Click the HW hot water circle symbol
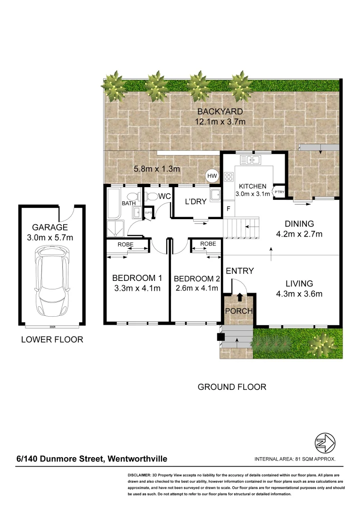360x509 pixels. click(213, 176)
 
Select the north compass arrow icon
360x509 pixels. click(325, 443)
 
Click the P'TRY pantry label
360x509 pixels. click(279, 192)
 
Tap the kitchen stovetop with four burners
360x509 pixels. click(229, 177)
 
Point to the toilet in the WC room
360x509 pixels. click(152, 197)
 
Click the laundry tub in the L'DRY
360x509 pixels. click(215, 195)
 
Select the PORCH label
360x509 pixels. click(239, 311)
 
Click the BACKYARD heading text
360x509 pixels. click(220, 112)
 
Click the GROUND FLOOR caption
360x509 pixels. click(232, 387)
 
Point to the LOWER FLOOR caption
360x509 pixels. click(52, 339)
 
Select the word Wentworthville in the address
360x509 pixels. click(138, 459)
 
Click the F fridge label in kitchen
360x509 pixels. click(229, 208)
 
